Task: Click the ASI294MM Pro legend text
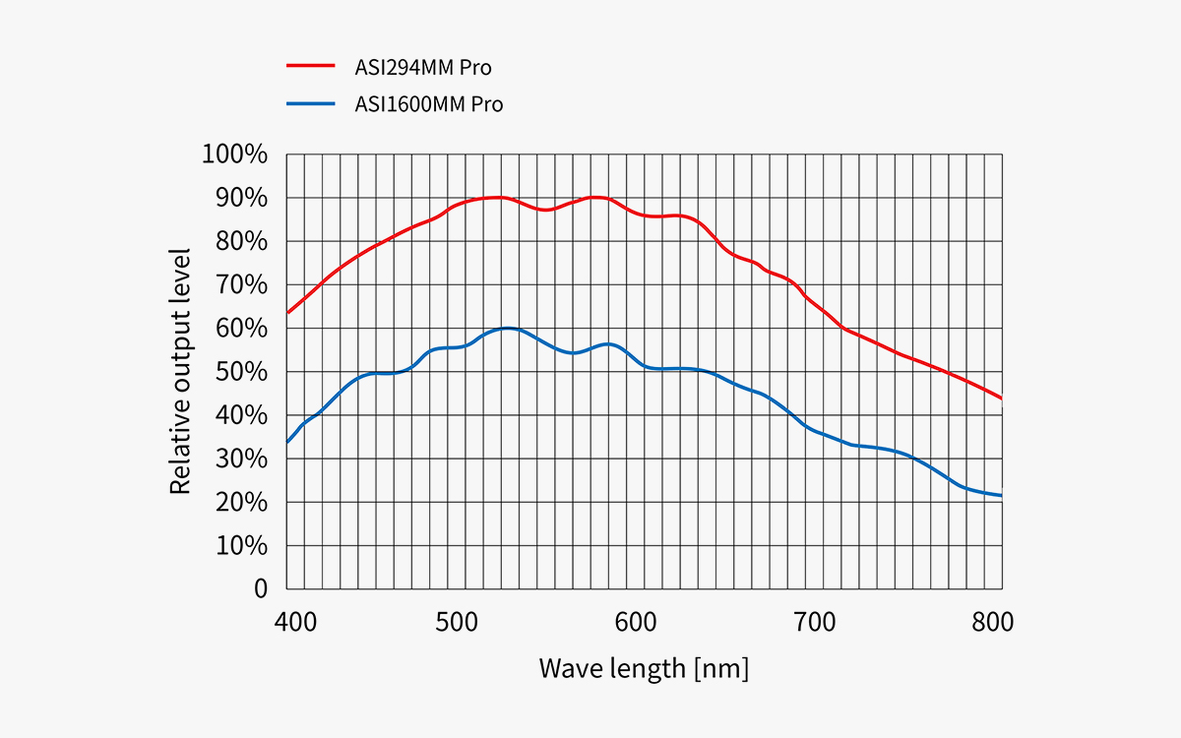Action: [423, 68]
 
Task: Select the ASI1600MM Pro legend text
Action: [429, 103]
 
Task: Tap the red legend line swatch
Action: [311, 67]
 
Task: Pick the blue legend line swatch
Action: [311, 102]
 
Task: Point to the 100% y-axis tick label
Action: [234, 154]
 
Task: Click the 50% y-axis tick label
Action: [240, 372]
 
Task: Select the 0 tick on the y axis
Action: [261, 588]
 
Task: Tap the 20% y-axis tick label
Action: [240, 502]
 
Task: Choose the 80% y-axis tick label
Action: [240, 241]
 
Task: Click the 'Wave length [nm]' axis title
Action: [644, 668]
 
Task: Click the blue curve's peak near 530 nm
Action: [508, 328]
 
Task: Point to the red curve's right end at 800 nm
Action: [1001, 398]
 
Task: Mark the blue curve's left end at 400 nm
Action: [287, 442]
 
